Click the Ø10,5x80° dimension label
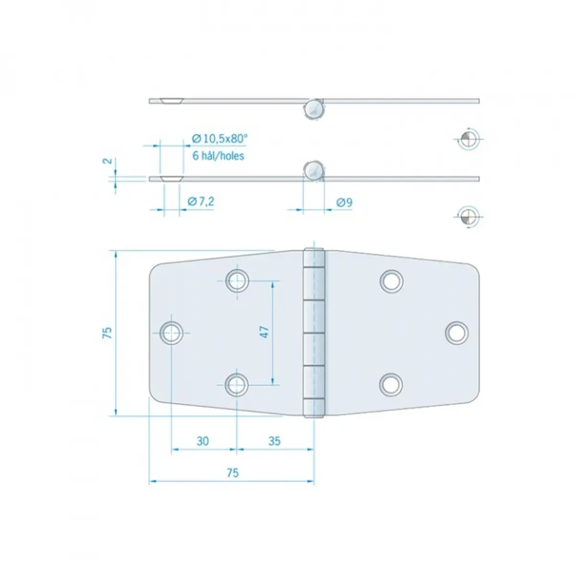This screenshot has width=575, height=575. [x=219, y=139]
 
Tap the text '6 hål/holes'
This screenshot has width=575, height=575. [x=218, y=156]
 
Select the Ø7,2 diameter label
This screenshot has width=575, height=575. [x=201, y=202]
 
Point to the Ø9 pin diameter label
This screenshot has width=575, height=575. [x=344, y=203]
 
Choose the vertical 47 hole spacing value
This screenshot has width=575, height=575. [x=264, y=332]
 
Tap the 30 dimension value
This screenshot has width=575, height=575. [x=203, y=441]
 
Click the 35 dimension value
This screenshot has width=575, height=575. [x=275, y=441]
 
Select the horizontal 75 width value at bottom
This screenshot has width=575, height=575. [x=233, y=472]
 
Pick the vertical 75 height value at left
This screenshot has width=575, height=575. [x=107, y=333]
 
